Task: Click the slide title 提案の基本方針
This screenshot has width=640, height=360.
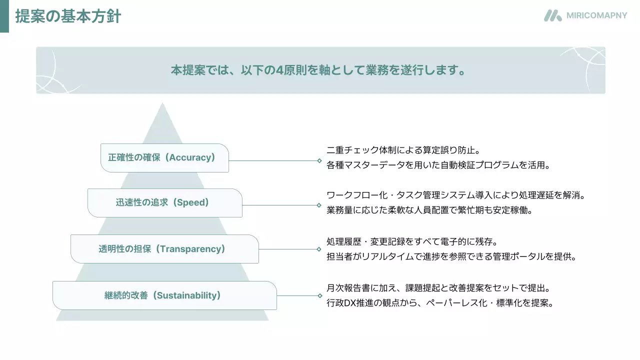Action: [x=68, y=16]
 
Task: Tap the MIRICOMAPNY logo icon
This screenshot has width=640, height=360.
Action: [x=552, y=15]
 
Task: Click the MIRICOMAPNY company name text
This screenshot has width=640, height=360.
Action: [x=596, y=15]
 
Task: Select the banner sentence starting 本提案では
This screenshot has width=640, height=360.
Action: [x=318, y=70]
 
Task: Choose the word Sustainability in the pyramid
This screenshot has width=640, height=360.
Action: [x=186, y=295]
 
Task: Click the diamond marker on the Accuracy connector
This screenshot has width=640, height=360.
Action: [x=319, y=161]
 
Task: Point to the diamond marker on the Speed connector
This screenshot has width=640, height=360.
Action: [x=319, y=205]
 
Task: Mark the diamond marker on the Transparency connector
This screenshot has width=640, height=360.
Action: [x=319, y=249]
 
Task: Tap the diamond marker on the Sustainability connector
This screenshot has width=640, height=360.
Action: [x=319, y=295]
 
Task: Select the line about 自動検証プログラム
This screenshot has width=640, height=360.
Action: [x=438, y=164]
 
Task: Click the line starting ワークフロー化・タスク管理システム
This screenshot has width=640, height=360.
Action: [x=455, y=195]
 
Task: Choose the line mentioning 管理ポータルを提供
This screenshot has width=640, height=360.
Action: [x=451, y=257]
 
